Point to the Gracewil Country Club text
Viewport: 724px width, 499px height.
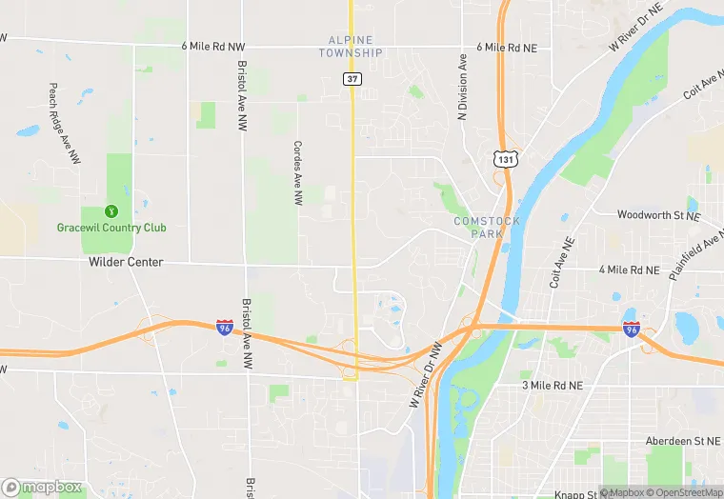(111, 228)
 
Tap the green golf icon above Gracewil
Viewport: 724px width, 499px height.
(111, 211)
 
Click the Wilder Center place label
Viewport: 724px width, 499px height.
(126, 262)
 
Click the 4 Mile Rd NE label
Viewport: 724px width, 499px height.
(629, 270)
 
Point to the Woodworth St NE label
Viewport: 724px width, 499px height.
(658, 215)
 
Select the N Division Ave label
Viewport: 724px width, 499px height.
(464, 86)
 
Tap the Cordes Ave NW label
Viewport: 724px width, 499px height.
(298, 173)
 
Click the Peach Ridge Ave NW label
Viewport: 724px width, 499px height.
(60, 124)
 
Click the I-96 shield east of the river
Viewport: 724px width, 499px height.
(631, 329)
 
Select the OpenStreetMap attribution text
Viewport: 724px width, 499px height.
(685, 492)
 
